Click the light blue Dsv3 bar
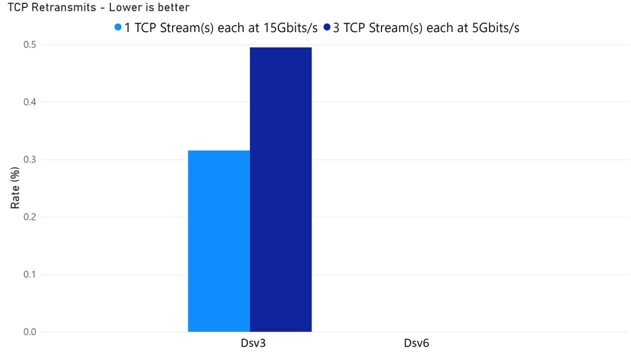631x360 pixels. coord(218,241)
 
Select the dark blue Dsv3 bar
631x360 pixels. coord(280,189)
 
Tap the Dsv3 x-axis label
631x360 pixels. coord(249,344)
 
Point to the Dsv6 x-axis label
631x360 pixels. coord(416,344)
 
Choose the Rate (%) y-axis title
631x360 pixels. coord(15,190)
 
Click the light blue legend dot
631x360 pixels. coord(118,27)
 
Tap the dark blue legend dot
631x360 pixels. coord(327,27)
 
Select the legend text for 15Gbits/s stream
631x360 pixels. coord(220,28)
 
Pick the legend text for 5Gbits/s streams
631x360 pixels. coord(426,28)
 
